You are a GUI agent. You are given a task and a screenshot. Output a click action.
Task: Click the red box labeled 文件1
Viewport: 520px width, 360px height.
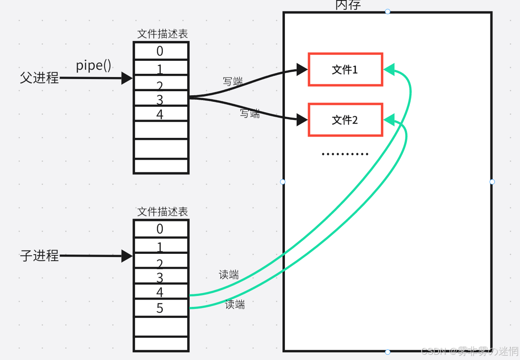[x=345, y=69]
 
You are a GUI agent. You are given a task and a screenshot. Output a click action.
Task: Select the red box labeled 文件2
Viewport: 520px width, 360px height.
[x=345, y=120]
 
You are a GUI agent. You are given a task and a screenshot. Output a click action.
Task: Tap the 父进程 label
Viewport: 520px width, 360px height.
[x=39, y=77]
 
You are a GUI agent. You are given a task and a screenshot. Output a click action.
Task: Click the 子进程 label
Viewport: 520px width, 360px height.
[x=39, y=256]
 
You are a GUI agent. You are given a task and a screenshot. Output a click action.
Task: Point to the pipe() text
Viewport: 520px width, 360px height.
[x=94, y=65]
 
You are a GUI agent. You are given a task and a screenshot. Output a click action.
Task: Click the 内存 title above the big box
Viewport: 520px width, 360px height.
[x=348, y=5]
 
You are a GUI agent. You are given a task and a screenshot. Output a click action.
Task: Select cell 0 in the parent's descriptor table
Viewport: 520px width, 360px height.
[x=160, y=51]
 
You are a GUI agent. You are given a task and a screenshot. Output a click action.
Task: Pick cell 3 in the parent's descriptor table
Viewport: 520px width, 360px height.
[x=160, y=99]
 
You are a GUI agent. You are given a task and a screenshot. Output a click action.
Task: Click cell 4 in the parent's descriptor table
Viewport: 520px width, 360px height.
[x=160, y=114]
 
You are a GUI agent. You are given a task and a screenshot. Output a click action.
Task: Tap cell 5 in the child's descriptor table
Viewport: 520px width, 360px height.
[x=160, y=308]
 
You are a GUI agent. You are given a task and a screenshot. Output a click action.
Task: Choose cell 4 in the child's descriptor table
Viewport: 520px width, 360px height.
[x=160, y=292]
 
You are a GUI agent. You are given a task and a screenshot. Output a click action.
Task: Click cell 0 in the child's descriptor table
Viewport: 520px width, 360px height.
[x=160, y=229]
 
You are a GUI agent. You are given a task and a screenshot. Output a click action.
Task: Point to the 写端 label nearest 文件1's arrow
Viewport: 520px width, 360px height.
[x=233, y=81]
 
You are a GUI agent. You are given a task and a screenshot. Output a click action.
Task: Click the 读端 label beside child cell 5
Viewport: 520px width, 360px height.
[x=235, y=304]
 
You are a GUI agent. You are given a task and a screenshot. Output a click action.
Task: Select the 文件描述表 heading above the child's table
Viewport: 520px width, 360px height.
[x=163, y=212]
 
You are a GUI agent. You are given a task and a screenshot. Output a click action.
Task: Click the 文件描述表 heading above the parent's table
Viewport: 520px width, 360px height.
[x=163, y=34]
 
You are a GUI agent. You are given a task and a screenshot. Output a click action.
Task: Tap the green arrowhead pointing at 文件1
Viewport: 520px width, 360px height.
[x=389, y=69]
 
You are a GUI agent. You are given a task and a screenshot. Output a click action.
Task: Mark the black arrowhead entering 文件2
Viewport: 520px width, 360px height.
[x=302, y=120]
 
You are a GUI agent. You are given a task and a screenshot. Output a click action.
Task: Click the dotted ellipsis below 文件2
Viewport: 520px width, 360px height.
[x=345, y=154]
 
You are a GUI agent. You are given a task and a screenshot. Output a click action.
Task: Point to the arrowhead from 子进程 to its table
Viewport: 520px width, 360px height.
[x=127, y=256]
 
